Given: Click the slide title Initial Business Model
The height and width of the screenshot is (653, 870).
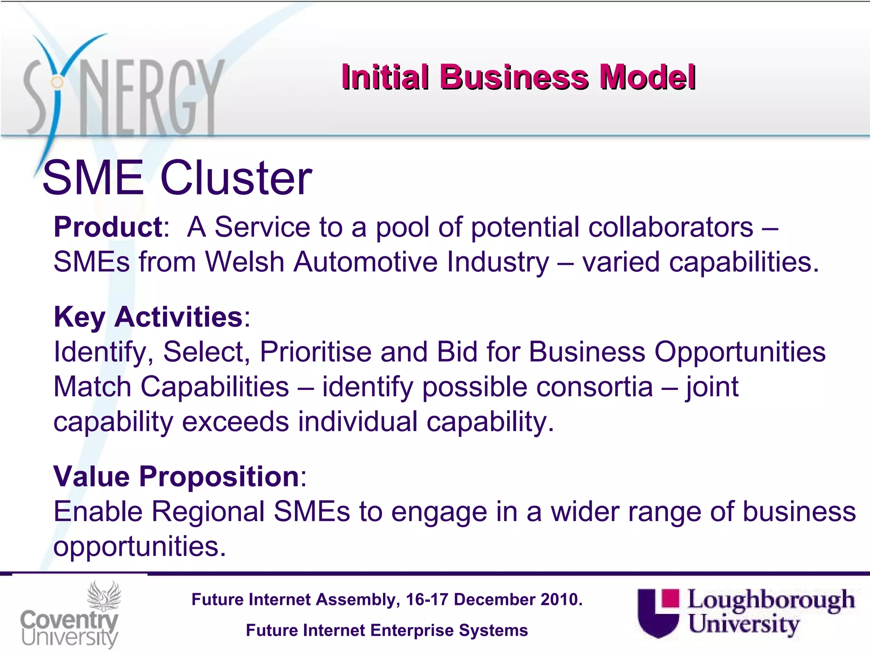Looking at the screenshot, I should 518,77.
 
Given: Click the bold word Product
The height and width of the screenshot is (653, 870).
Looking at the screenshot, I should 108,227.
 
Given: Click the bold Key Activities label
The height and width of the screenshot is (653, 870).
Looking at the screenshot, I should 148,317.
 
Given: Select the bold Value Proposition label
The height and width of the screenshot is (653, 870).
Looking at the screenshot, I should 176,477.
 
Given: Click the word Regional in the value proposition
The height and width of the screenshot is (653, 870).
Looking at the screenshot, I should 208,511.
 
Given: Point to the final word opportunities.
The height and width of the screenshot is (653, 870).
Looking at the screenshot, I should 139,546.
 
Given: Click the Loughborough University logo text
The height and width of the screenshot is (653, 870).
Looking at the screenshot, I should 770,612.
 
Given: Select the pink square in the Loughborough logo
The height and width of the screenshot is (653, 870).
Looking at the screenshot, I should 670,598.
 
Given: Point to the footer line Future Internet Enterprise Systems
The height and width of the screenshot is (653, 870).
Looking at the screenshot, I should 387,630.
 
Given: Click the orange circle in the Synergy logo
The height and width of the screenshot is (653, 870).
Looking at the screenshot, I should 57,82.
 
